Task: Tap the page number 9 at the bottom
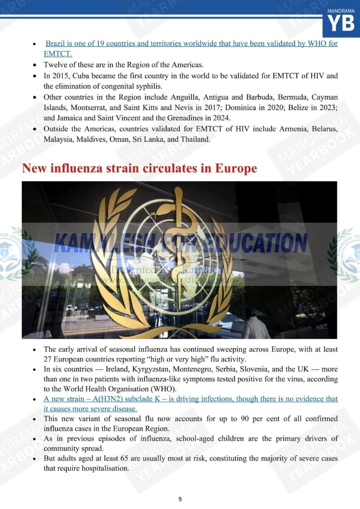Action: (x=180, y=499)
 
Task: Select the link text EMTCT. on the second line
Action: (x=58, y=54)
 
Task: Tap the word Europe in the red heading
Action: (x=236, y=168)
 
